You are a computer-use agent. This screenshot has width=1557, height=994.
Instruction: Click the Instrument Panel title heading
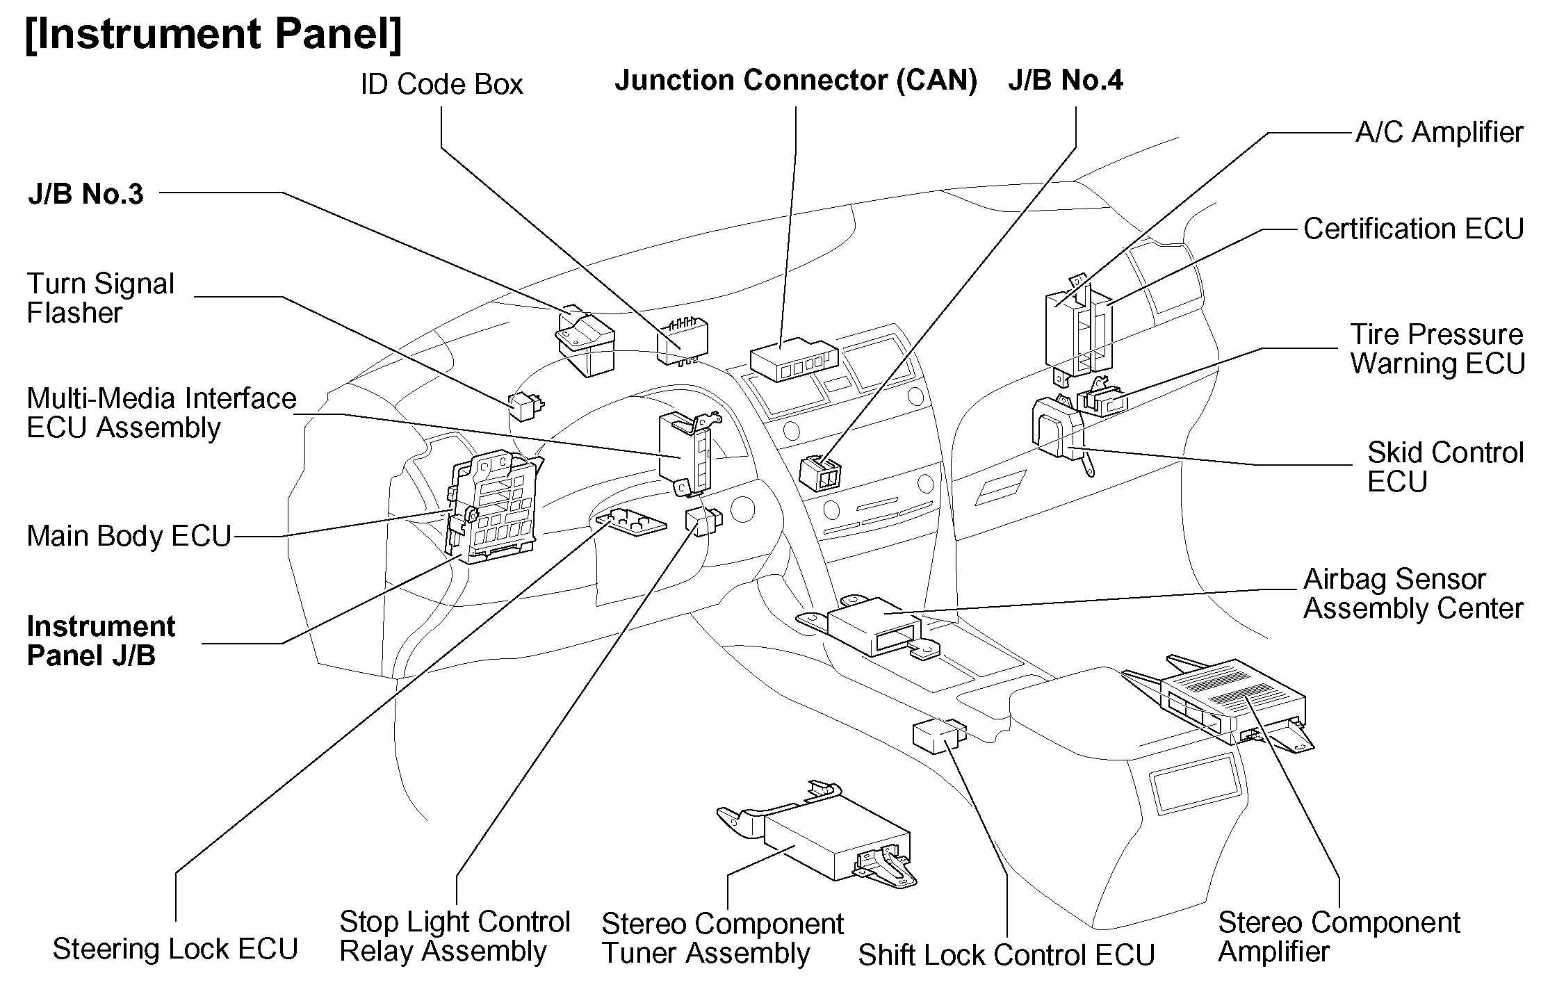(x=213, y=35)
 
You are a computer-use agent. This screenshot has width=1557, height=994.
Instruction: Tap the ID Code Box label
(x=441, y=85)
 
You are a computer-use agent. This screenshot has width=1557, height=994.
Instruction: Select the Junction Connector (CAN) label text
(x=796, y=81)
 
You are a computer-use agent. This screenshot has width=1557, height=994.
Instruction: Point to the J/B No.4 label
(x=1065, y=81)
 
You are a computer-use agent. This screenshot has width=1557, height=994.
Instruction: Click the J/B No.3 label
(x=85, y=194)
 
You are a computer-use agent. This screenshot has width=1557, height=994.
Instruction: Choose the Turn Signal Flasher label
(x=100, y=298)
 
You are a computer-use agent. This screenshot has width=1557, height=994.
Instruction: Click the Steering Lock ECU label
(x=175, y=949)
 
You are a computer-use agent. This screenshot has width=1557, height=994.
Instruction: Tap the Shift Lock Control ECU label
(x=1006, y=955)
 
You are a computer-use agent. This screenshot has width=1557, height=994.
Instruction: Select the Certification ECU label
(x=1413, y=229)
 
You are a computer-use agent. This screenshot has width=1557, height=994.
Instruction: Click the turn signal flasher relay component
(x=525, y=406)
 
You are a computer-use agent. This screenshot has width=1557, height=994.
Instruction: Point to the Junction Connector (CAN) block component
(x=794, y=359)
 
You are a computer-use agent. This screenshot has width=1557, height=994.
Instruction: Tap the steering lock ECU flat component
(x=631, y=522)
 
